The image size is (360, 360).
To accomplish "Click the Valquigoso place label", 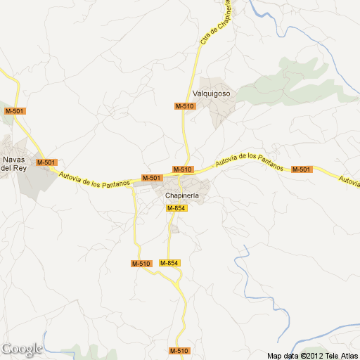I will tap(212, 94).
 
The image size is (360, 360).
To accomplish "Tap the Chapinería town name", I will tap(183, 195).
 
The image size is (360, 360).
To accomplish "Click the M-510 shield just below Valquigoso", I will tap(185, 106).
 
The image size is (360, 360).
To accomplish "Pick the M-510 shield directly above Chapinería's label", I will tap(182, 169).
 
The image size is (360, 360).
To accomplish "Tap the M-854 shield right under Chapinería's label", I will tap(176, 208).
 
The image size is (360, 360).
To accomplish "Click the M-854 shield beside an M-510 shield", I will tap(169, 263).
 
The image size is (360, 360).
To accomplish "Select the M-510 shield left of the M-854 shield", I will tap(141, 264).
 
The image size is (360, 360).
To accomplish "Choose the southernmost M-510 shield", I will tap(179, 351).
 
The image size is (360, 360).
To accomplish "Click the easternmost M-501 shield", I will tap(301, 169).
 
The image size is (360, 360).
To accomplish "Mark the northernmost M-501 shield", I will tap(14, 111).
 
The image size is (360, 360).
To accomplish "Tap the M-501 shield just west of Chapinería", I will tap(151, 179).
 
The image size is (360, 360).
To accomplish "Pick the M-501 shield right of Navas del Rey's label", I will tap(46, 162).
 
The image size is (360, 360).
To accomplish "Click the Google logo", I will tap(21, 349).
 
